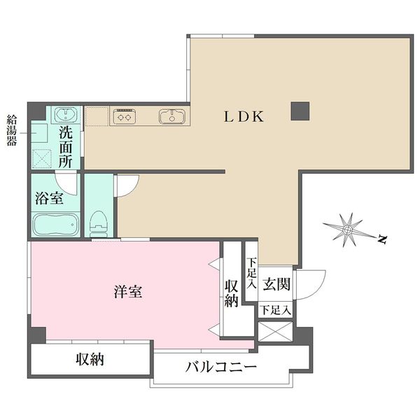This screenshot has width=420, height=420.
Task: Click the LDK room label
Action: pos(244,116)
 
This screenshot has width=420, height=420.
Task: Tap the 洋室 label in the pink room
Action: pos(128,292)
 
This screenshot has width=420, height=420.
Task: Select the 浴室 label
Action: pos(50,199)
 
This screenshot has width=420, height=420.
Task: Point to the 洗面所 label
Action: pos(66,147)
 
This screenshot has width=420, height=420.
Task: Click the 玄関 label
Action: pos(276,284)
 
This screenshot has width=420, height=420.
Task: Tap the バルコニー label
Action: pos(221,367)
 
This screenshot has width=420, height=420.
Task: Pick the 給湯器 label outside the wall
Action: pos(12,130)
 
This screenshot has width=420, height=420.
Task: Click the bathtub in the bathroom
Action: pos(56,225)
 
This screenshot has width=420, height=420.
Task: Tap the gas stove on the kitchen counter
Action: pos(125,116)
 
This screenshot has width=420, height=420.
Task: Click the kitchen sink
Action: pos(172,116)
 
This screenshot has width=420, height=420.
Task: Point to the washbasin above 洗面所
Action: pos(66,115)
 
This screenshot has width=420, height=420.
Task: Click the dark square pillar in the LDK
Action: pos(300,111)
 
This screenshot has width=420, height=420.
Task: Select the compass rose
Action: pos(347,230)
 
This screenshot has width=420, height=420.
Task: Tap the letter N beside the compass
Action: pos(382,239)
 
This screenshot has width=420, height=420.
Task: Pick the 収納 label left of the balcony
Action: pos(90,359)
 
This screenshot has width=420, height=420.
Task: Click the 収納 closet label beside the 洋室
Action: pos(232,293)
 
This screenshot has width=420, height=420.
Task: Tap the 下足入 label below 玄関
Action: pos(276,310)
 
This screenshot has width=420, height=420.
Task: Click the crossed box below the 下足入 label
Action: pos(275,332)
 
